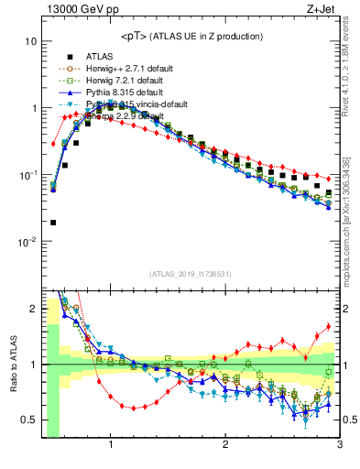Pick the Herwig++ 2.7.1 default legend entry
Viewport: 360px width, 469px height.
(x=123, y=68)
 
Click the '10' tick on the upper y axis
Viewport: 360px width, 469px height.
(x=30, y=42)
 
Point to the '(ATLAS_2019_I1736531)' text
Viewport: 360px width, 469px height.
(x=190, y=274)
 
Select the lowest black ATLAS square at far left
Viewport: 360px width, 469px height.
(x=53, y=222)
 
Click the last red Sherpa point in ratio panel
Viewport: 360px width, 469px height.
(x=329, y=327)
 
